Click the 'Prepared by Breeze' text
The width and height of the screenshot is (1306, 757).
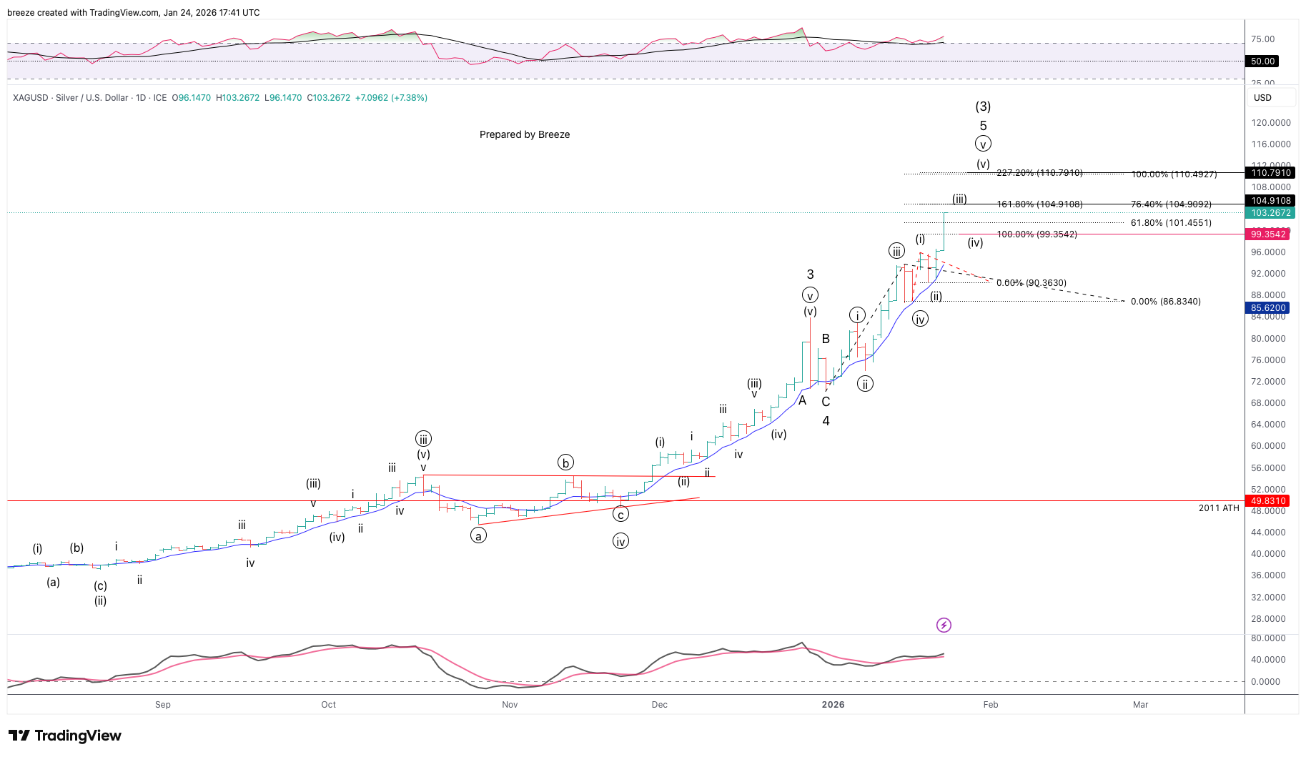525,134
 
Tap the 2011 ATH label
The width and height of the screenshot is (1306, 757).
1219,508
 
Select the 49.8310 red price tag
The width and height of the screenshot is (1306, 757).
1268,501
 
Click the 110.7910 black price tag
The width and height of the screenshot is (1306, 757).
1270,173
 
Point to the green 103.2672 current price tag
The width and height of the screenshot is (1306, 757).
1270,213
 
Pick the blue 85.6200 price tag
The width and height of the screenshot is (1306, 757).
1268,308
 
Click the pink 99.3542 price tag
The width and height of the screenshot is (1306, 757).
1268,234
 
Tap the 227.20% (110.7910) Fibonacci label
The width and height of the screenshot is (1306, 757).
1039,173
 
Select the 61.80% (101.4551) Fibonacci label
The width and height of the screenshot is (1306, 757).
1171,223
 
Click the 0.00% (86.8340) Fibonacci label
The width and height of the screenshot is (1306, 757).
1165,302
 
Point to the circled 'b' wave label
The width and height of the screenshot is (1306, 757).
565,463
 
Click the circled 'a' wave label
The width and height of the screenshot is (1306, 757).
478,535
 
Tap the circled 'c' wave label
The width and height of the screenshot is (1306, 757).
620,514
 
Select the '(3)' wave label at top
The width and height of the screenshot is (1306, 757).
983,107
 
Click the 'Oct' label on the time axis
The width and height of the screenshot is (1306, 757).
328,705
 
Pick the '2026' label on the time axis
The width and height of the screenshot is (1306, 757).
833,705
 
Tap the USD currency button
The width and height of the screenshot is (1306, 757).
1262,98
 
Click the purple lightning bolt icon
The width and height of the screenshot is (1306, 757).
944,625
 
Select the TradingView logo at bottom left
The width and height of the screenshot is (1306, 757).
65,736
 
